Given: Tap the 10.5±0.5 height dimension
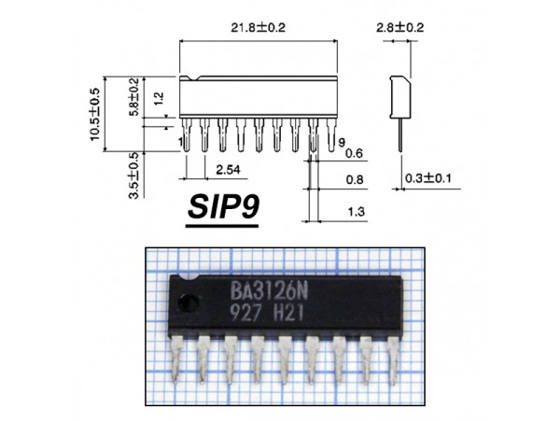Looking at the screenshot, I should (95, 114).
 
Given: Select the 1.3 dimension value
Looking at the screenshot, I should (355, 213).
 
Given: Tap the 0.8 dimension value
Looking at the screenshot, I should (355, 178).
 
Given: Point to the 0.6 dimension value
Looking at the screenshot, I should (354, 153).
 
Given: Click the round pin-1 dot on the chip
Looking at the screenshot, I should (188, 302).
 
